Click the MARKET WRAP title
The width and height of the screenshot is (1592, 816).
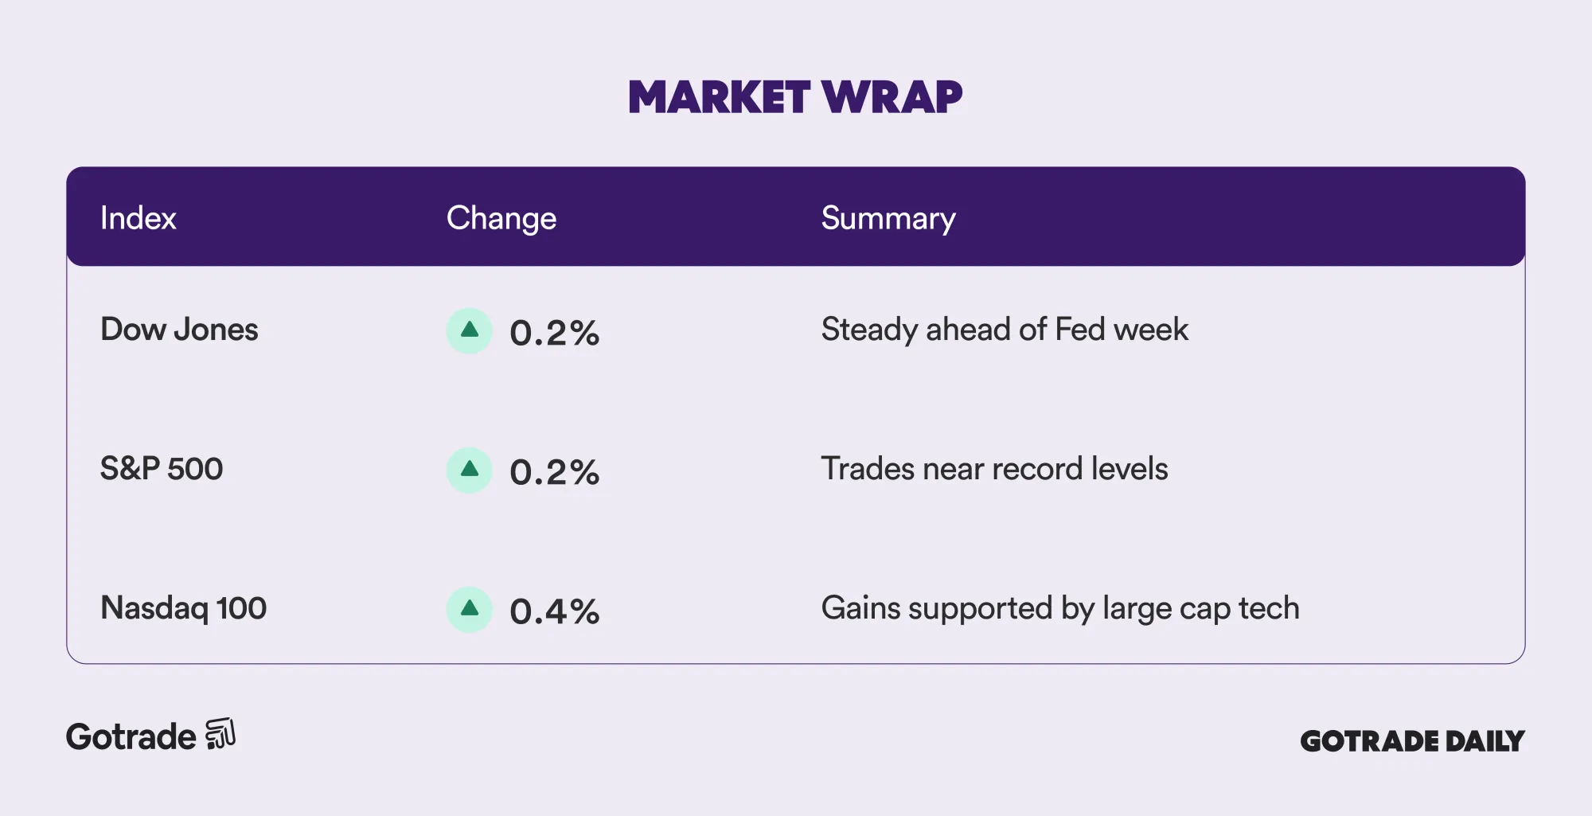coord(795,97)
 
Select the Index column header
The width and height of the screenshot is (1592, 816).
coord(138,218)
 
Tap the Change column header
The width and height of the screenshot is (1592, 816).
coord(501,219)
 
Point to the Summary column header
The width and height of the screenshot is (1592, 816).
coord(888,219)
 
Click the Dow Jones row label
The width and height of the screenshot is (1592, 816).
coord(179,330)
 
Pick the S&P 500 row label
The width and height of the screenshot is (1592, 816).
coord(162,469)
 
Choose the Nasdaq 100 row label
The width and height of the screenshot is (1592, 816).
coord(183,608)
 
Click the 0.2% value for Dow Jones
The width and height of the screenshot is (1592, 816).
coord(554,333)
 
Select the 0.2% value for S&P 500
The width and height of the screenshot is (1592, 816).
coord(554,472)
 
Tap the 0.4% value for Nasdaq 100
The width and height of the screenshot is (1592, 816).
coord(554,611)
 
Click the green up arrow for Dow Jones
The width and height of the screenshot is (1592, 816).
coord(470,330)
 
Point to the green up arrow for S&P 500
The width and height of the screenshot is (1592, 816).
coord(470,470)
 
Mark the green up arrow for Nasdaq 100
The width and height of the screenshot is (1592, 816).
coord(470,609)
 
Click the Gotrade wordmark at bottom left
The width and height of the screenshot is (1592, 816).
coord(131,737)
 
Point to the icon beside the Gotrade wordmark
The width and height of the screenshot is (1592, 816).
coord(220,734)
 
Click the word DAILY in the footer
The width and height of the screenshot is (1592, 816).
coord(1485,741)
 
